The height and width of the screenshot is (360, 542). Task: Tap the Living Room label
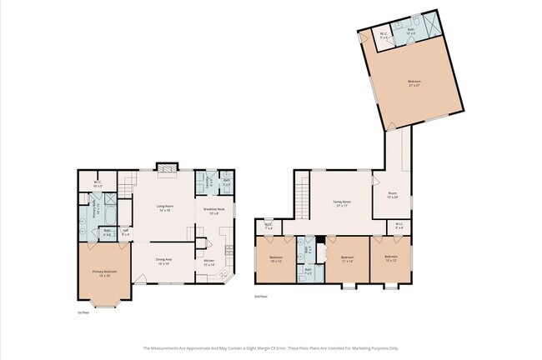tap(163, 207)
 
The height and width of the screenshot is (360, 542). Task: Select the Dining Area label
tap(163, 261)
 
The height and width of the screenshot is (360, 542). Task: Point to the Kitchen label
tap(210, 262)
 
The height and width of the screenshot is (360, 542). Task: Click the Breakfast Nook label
tap(211, 211)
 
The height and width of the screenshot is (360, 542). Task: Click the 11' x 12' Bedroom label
tap(349, 259)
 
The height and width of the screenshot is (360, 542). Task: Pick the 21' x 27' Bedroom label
tap(414, 82)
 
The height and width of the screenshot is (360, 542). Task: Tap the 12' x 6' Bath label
tap(411, 32)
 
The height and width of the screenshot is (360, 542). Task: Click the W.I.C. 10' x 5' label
tap(98, 184)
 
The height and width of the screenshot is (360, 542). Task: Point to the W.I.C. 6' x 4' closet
tap(399, 224)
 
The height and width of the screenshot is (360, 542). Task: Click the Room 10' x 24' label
tap(393, 196)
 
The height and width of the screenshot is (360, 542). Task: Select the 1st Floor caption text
tap(82, 312)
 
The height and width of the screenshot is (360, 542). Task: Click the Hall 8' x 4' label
tap(125, 232)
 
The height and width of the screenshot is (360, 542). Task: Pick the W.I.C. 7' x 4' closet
tap(268, 225)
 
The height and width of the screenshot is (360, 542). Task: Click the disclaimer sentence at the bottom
tap(271, 348)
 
